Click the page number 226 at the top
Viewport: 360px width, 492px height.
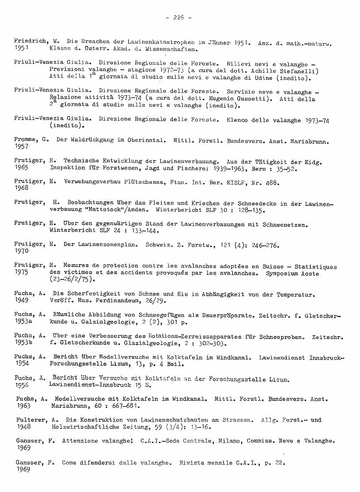178,18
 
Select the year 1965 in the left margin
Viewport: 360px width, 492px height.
21,167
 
